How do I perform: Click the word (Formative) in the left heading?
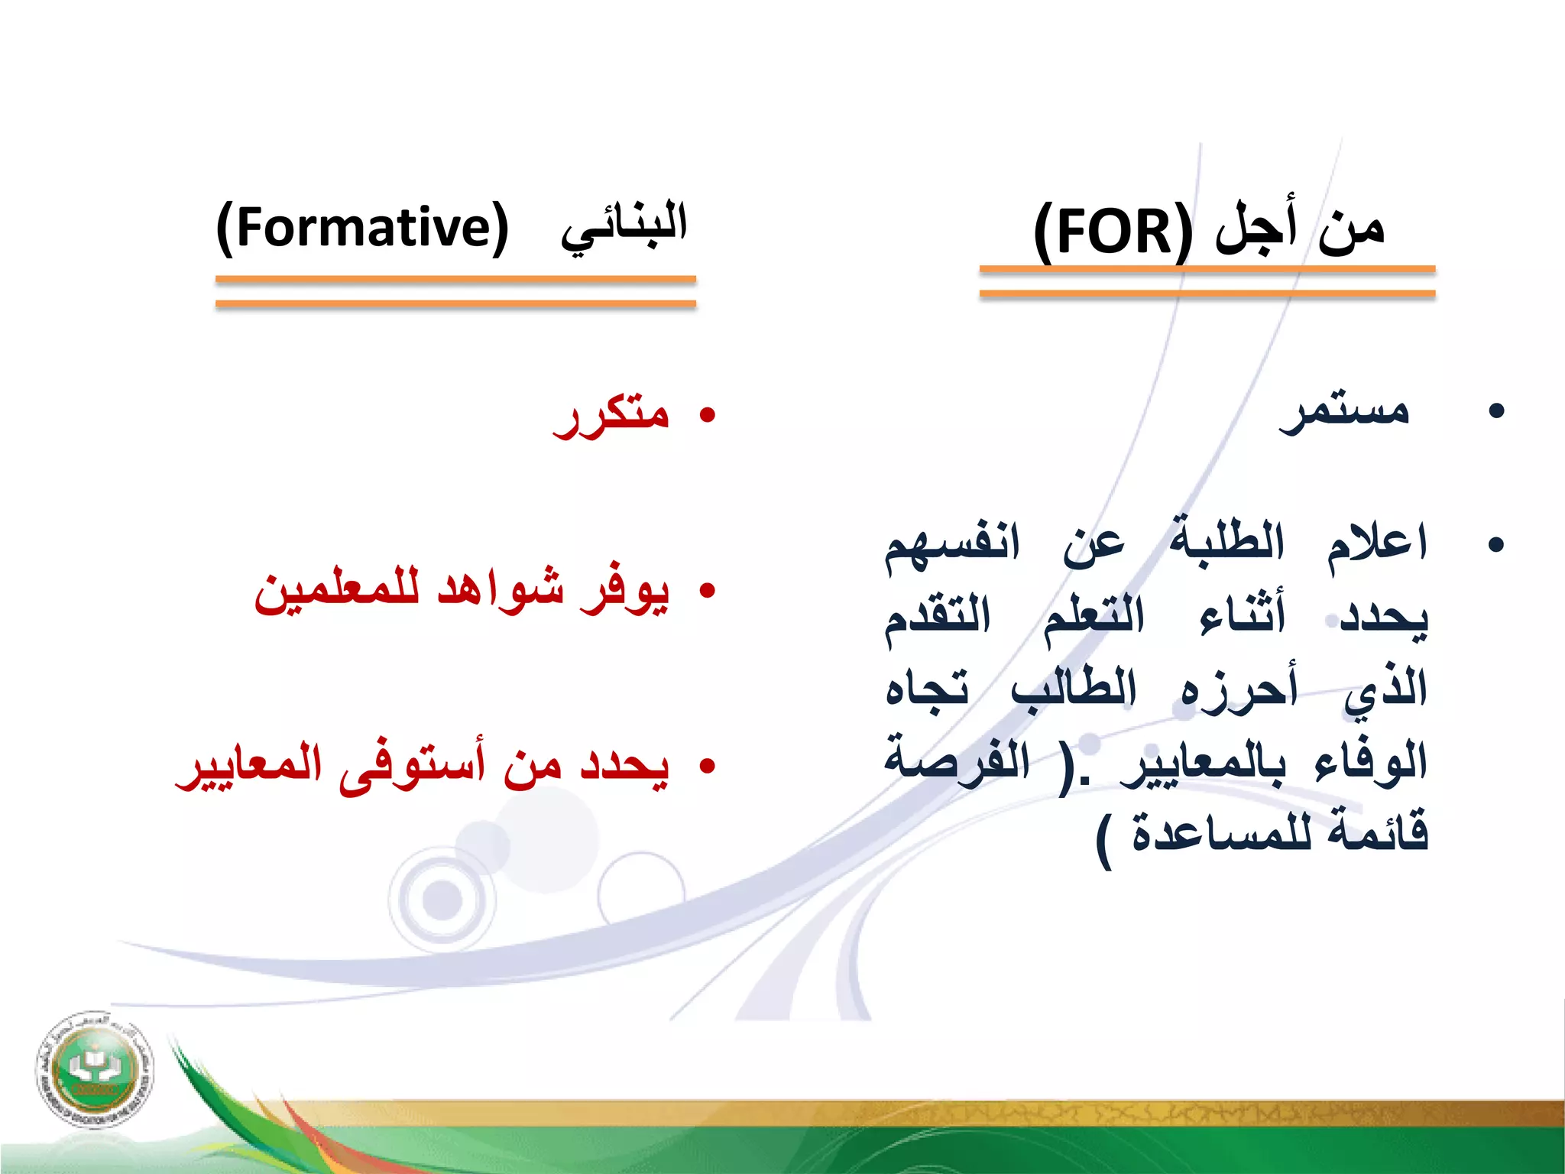point(362,227)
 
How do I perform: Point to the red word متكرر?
point(611,416)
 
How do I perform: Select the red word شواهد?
point(501,591)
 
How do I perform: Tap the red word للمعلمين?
point(336,591)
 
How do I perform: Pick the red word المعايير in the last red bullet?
point(249,766)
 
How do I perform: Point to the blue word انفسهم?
point(952,545)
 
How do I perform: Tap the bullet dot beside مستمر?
point(1496,411)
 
